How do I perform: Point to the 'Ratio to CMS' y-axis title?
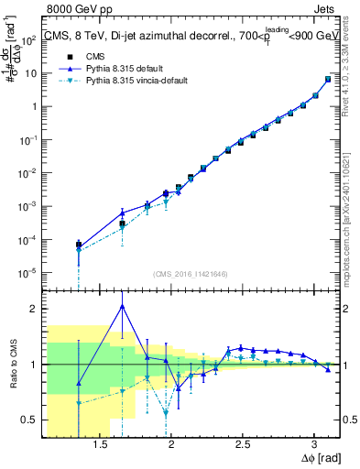coord(15,363)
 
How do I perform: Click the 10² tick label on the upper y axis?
coord(30,38)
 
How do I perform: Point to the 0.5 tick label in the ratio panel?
coord(30,420)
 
